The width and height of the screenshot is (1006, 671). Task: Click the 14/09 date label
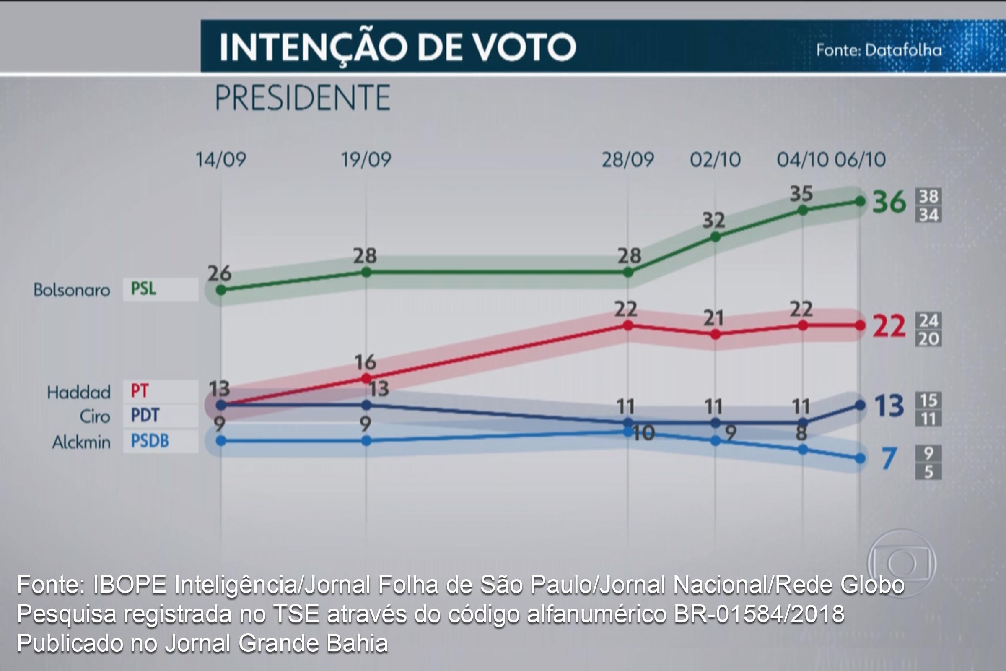point(221,160)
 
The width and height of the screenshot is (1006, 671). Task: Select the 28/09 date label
point(627,160)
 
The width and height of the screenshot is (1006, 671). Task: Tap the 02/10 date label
point(715,160)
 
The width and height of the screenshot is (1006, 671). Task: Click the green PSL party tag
point(144,289)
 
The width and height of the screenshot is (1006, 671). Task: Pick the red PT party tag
point(140,391)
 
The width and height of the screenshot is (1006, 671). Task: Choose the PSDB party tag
point(150,441)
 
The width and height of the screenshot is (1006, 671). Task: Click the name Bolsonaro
point(72,290)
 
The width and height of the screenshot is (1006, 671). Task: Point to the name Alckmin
point(81,442)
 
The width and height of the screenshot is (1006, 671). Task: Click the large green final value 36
point(889,202)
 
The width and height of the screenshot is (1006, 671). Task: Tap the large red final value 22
point(889,326)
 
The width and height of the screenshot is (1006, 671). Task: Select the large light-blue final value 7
point(889,459)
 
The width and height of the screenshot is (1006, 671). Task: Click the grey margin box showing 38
point(928,196)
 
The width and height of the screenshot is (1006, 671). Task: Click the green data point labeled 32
point(715,237)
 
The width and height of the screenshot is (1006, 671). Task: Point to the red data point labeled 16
point(366,378)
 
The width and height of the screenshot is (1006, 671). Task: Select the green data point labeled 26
point(221,290)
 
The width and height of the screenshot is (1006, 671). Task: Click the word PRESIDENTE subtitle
point(302,98)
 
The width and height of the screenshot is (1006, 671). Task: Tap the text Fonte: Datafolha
point(879,50)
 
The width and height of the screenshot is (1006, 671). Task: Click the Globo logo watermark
point(901,564)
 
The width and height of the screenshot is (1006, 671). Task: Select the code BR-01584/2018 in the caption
point(759,614)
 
